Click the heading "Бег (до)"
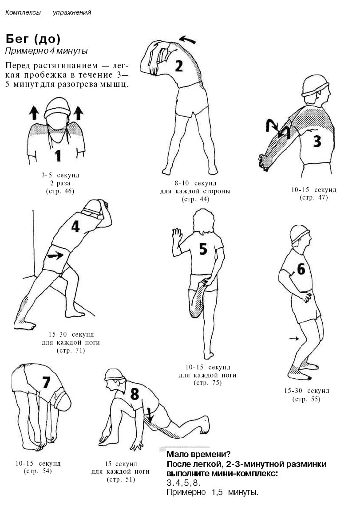point(33,39)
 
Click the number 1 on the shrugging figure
point(58,156)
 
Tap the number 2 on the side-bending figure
point(179,66)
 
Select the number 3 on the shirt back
point(317,141)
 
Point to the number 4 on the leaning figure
point(75,226)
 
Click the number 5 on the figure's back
point(203,249)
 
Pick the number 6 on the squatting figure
point(301,269)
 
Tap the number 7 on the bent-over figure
point(46,382)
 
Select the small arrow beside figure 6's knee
point(294,338)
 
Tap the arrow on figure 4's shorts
point(55,255)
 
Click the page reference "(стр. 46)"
point(60,191)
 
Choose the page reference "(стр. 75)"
point(208,383)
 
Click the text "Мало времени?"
point(198,454)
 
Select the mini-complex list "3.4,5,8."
point(184,483)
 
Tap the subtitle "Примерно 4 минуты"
point(47,51)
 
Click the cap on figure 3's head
point(315,85)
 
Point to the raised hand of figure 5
point(177,237)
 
